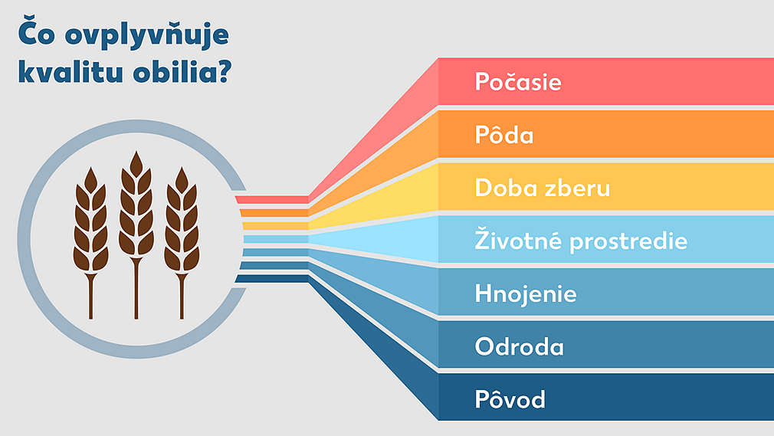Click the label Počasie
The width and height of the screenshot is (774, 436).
[518, 82]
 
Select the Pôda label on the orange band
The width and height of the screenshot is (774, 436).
[504, 135]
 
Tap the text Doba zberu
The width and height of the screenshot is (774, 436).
[543, 188]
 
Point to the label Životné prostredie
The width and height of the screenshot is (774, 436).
[581, 241]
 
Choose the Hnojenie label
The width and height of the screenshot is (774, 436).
[526, 293]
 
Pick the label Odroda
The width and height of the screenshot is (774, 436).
[520, 346]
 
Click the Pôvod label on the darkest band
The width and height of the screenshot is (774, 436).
[510, 399]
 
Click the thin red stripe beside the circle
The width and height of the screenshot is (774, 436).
[272, 199]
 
